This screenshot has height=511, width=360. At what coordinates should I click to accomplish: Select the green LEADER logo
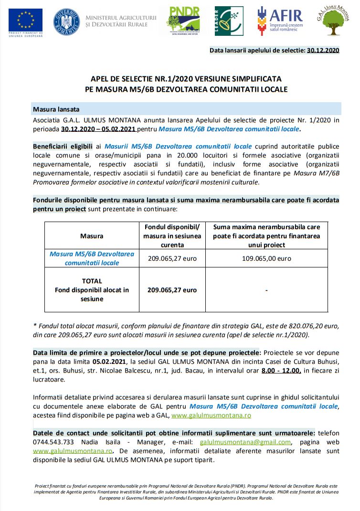[229, 21]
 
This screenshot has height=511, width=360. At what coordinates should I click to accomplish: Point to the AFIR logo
[279, 21]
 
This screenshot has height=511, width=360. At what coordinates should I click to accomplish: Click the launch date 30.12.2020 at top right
[323, 50]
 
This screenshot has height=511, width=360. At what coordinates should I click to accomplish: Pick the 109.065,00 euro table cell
[266, 258]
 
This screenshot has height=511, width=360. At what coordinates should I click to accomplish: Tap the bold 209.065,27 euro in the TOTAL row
[172, 290]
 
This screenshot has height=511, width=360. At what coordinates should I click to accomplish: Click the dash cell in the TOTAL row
[266, 290]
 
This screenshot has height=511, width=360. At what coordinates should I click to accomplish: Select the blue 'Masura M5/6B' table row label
[92, 258]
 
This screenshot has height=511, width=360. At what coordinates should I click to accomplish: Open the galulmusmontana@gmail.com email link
[245, 442]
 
